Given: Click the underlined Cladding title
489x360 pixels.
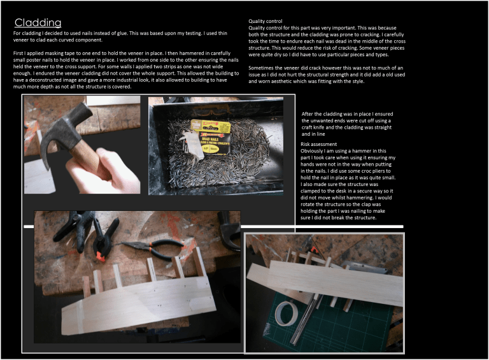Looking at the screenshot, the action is (38, 22).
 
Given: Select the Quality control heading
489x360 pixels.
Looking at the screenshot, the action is (265, 21).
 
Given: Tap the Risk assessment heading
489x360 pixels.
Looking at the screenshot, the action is (318, 144).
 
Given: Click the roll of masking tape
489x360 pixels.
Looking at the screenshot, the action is (288, 313).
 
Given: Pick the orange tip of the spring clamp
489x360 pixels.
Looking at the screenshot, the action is (100, 256).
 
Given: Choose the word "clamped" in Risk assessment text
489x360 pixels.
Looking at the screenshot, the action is (310, 191).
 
